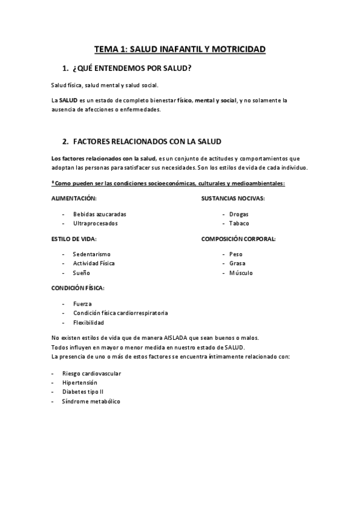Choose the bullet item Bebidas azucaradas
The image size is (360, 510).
pyautogui.click(x=100, y=214)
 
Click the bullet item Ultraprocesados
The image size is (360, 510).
pyautogui.click(x=96, y=223)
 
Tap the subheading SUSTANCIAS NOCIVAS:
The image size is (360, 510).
pyautogui.click(x=233, y=198)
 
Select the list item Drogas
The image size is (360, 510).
pyautogui.click(x=239, y=214)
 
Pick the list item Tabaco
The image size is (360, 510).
pyautogui.click(x=239, y=223)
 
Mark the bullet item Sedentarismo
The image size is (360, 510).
pyautogui.click(x=92, y=254)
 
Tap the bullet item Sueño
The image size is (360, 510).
pyautogui.click(x=82, y=273)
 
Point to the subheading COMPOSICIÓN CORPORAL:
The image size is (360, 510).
pyautogui.click(x=238, y=239)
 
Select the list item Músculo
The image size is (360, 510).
pyautogui.click(x=241, y=273)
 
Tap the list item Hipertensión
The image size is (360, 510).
pyautogui.click(x=79, y=382)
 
